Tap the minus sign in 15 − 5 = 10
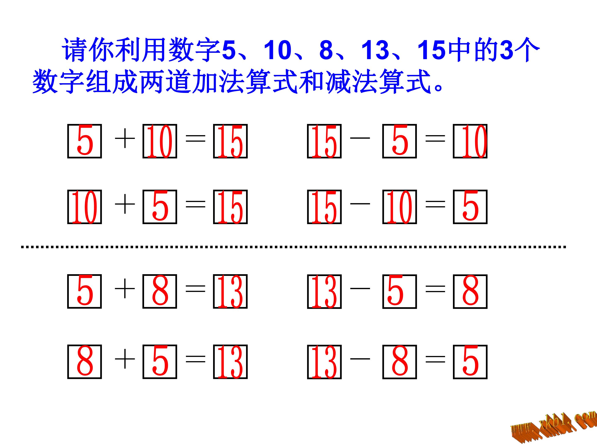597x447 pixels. pos(360,138)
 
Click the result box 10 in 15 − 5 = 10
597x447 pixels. pos(470,141)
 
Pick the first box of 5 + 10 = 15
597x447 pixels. pos(85,141)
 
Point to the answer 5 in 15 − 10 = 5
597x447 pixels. pos(470,207)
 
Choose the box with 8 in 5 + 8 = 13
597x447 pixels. pos(160,291)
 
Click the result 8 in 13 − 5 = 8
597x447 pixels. pos(470,291)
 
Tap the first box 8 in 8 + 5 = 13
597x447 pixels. pos(85,362)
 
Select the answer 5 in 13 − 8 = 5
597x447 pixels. pos(470,362)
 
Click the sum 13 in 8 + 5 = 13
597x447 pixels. pos(230,362)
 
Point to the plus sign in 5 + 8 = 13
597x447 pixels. pos(125,288)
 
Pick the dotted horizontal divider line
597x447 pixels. pos(293,246)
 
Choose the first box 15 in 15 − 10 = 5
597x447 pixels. pos(324,207)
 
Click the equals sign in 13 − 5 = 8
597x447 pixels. pos(435,288)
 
